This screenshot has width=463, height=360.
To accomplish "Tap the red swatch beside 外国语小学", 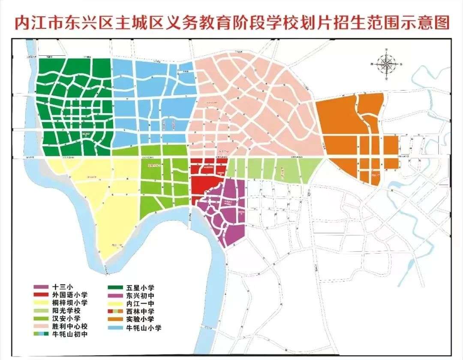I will tap(42, 295).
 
